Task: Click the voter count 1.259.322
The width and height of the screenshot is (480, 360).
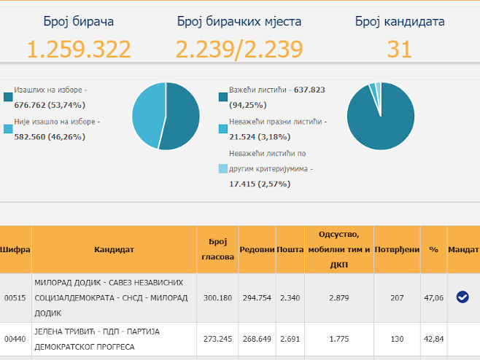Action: (79, 49)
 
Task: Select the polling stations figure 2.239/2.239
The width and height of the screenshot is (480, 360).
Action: (239, 49)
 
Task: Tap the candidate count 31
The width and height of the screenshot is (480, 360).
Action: (399, 49)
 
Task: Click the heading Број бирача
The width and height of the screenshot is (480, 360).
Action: (79, 21)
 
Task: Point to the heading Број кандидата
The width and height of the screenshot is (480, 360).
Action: (399, 21)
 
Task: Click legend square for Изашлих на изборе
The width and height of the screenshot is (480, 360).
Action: (8, 97)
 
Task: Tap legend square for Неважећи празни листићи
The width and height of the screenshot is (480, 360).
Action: (222, 129)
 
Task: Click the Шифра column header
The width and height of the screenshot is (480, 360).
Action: (15, 249)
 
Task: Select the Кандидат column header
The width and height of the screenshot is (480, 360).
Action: (114, 249)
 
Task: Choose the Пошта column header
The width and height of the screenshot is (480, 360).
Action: (290, 249)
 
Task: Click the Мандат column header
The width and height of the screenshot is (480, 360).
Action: (463, 249)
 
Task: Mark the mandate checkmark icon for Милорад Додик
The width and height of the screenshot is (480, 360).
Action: (462, 297)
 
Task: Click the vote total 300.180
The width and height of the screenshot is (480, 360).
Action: (217, 297)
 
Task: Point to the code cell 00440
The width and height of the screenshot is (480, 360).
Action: (15, 338)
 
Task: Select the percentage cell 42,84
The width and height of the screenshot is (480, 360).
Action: (433, 338)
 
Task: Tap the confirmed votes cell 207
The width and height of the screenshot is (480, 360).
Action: (397, 297)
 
